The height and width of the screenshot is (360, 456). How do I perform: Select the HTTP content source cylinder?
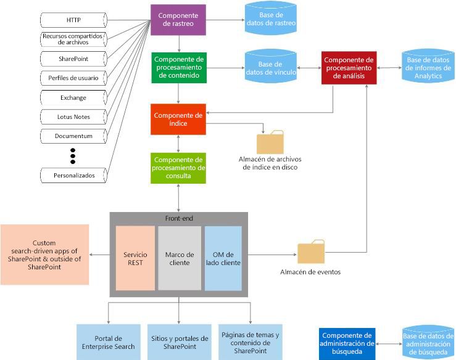pos(73,20)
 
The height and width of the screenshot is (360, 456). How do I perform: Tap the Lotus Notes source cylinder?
pos(73,117)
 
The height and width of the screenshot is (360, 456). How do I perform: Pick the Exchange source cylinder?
pos(73,97)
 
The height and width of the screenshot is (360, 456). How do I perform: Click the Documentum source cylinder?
pos(73,136)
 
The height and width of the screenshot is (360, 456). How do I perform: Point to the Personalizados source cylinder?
pos(73,175)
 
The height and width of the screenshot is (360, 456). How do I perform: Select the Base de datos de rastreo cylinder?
pos(270,20)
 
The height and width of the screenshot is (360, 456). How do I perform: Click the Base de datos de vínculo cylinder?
pos(270,68)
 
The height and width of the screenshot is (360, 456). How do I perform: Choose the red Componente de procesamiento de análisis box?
pos(349,67)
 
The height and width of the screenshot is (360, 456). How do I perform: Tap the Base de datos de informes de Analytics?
pos(428,68)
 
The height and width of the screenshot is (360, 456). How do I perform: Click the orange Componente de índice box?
pos(178,119)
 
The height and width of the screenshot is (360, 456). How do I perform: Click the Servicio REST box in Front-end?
pos(135,258)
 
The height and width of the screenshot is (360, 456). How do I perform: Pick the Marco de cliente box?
pos(180,258)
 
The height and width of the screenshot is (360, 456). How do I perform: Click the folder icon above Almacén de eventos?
pos(310,252)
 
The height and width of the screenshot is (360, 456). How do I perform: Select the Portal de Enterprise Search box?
pos(109,342)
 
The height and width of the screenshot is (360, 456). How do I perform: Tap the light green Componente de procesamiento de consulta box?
pos(178,168)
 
